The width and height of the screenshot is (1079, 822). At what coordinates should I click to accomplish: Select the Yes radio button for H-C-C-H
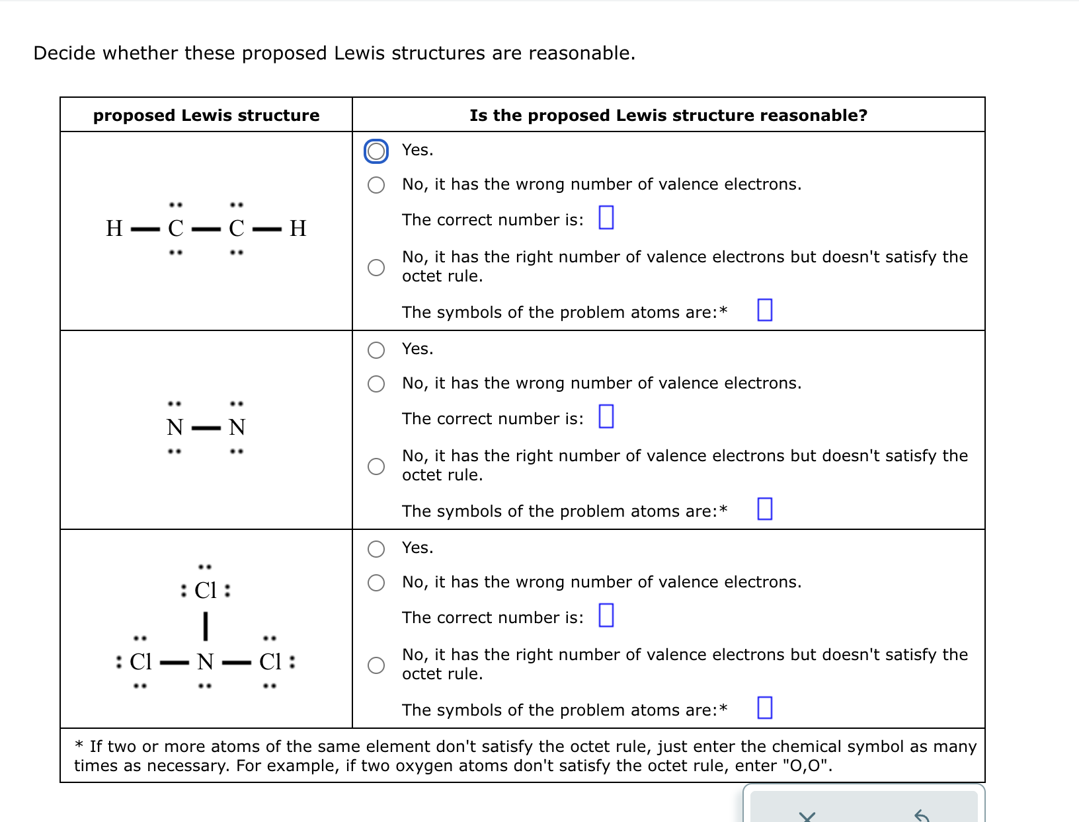point(376,151)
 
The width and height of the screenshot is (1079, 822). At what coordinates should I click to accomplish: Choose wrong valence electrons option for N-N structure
point(376,384)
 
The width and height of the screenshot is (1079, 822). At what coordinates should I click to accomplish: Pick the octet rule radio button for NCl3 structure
point(376,665)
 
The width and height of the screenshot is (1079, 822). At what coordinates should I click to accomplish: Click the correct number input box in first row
point(606,217)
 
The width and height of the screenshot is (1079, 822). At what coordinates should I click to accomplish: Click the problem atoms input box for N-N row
point(764,509)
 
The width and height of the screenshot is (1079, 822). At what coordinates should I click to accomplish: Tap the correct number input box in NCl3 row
point(606,615)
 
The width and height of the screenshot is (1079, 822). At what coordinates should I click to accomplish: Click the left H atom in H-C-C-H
point(114,229)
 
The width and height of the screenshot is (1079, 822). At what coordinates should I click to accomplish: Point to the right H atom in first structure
point(298,229)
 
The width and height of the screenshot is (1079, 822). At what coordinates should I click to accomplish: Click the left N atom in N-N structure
point(175,428)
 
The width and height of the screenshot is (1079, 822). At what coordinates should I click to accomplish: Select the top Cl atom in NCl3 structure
point(206,590)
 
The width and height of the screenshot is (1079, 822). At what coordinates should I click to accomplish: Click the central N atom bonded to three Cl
point(206,661)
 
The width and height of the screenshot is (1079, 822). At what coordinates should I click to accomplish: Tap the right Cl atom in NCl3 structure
point(270,661)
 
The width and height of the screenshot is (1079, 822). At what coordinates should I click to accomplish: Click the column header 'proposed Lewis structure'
point(206,116)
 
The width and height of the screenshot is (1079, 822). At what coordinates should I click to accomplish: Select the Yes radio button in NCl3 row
point(376,548)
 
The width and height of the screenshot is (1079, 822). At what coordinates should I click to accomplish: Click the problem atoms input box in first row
point(764,310)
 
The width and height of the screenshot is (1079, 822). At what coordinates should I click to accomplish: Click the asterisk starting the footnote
point(79,746)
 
